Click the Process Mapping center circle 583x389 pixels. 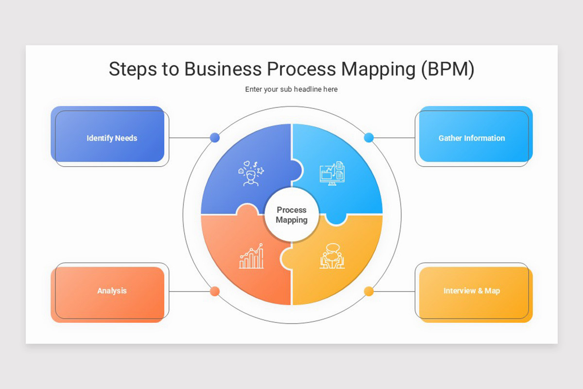(x=291, y=215)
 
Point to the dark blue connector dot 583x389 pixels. (x=215, y=138)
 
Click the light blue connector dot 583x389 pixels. (x=369, y=138)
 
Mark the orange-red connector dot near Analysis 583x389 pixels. (x=215, y=291)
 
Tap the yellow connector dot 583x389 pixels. (x=369, y=291)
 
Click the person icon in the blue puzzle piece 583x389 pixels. (x=251, y=174)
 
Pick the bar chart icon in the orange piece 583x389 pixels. (x=251, y=257)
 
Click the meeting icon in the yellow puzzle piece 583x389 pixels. (x=332, y=256)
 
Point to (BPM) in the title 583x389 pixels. (x=447, y=70)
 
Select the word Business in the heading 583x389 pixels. (x=223, y=69)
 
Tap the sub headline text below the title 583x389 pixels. (x=291, y=89)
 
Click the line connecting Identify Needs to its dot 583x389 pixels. (x=189, y=138)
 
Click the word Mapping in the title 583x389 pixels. (x=378, y=70)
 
